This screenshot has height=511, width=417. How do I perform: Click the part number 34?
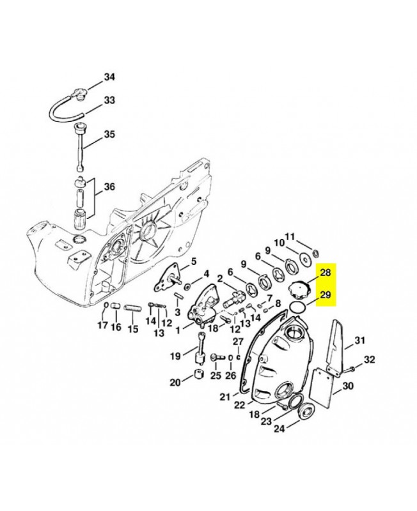point(109,77)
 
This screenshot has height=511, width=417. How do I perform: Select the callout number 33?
point(109,100)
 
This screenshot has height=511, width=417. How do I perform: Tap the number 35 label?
point(109,134)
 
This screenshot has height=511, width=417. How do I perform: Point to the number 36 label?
point(109,187)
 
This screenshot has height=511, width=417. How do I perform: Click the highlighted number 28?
point(325,273)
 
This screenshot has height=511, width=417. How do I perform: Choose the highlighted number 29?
point(325,295)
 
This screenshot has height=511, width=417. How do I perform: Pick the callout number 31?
point(359,340)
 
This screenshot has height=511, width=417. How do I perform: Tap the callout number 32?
point(369,361)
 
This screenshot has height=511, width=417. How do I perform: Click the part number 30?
point(347,386)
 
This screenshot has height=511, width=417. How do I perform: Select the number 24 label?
point(278,429)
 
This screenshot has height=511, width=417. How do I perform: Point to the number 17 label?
point(102,327)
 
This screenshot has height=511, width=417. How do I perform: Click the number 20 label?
point(175,383)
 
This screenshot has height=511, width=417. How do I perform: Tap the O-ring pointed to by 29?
point(295,307)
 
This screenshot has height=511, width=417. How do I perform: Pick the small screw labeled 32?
point(350,369)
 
